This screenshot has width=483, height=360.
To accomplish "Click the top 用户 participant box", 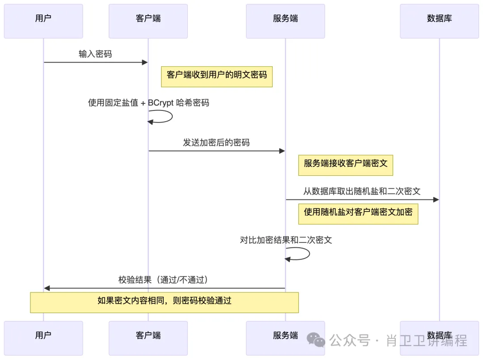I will pos(43,21).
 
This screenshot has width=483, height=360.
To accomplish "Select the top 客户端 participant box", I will pos(148,21).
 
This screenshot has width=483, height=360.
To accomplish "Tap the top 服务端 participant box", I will pos(285,21).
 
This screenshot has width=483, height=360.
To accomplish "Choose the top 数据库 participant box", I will pos(439,21).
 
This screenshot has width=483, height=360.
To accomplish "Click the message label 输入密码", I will pos(95,54).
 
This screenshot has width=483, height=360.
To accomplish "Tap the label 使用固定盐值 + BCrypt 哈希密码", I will pos(148,103).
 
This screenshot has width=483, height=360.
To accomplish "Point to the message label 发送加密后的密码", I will pos(216,143).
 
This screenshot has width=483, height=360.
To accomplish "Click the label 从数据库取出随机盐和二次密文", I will pos(362,191).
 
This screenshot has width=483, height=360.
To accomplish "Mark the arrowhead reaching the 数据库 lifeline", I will pos(436,200).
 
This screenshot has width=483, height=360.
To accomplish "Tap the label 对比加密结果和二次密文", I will pos(286,240).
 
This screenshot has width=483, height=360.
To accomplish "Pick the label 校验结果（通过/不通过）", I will pos(164,280).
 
